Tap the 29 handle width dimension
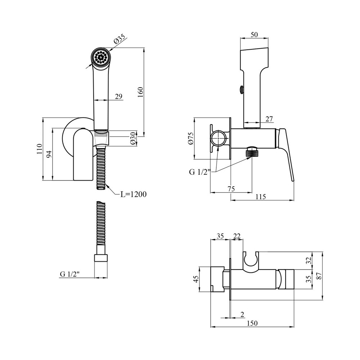tap(119, 96)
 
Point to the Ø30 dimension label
tap(133, 139)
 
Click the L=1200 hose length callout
tap(133, 194)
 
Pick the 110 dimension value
tap(39, 148)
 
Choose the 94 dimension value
tap(50, 154)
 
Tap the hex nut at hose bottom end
tap(101, 258)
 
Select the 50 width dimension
tap(254, 35)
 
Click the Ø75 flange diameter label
tap(191, 138)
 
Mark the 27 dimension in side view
tap(269, 119)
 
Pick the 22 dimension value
tap(237, 236)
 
